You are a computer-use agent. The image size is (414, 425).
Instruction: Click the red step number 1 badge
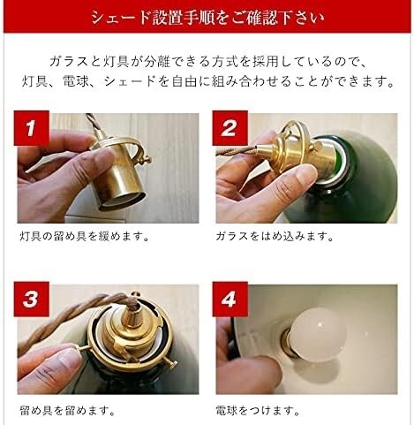coord(31,128)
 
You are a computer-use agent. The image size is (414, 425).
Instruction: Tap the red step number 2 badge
coord(230,128)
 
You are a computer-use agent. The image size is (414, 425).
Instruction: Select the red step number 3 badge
coord(31,299)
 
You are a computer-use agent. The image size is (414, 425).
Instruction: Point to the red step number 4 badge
coord(230,299)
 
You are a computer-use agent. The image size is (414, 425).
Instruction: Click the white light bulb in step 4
coord(314,335)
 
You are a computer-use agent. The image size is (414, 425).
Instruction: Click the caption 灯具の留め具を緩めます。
coord(85,236)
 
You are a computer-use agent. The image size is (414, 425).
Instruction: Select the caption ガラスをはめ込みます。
coord(275,236)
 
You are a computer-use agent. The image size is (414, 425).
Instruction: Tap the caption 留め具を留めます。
coord(67,410)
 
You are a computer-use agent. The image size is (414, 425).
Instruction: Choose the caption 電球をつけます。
coord(258,410)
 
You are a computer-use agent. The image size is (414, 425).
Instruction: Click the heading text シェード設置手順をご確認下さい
coord(207,17)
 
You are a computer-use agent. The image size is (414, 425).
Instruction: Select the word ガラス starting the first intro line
coord(69,62)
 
